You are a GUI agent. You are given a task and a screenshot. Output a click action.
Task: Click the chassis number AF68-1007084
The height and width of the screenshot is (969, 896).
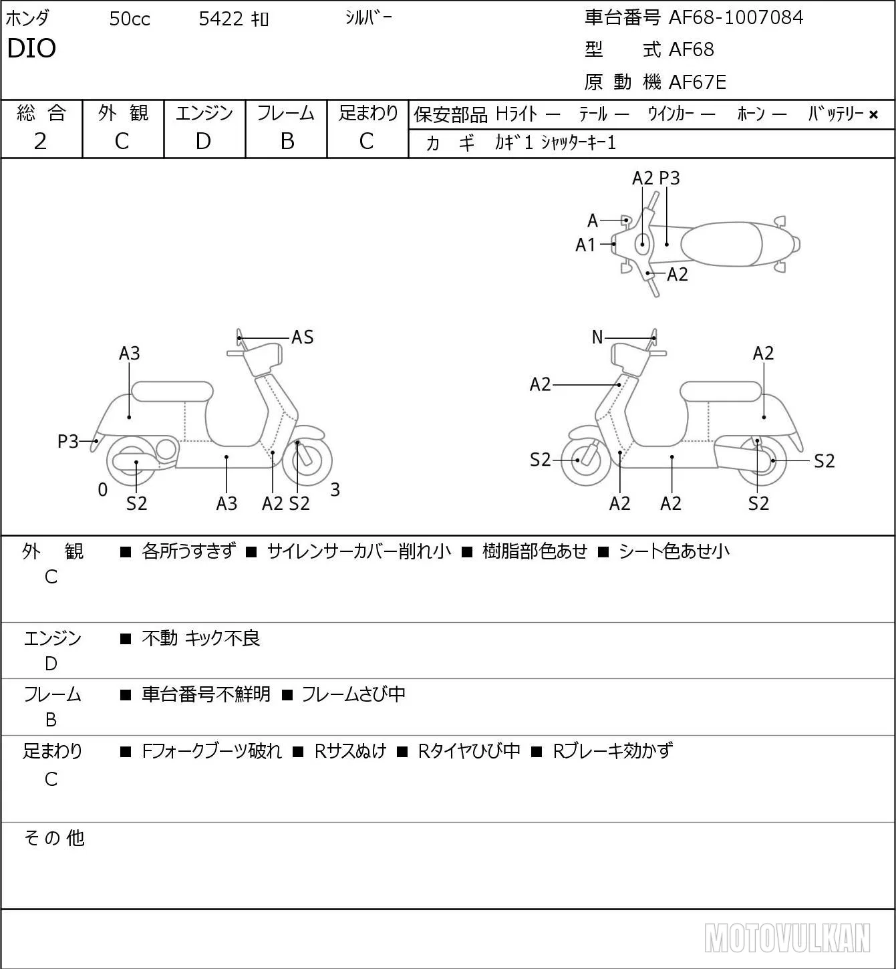736,17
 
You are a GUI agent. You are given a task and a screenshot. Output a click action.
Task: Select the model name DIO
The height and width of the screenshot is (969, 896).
31,48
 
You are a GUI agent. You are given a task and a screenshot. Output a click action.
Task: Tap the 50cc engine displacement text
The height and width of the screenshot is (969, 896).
130,19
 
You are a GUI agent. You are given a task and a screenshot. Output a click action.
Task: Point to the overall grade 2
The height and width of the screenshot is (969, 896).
40,141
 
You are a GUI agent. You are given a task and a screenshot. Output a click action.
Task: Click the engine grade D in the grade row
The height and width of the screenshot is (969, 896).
204,141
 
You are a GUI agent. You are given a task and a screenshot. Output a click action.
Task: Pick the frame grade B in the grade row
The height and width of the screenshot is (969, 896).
287,141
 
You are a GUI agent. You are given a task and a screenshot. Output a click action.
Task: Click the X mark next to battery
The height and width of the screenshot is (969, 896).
873,115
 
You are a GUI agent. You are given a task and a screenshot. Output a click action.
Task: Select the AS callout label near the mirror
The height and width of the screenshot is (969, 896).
302,337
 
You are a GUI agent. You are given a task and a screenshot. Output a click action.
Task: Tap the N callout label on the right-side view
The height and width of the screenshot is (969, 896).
597,337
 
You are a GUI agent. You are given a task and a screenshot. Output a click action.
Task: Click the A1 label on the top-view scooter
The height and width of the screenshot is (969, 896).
585,245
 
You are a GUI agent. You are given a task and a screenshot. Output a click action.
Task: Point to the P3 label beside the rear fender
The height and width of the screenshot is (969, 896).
68,442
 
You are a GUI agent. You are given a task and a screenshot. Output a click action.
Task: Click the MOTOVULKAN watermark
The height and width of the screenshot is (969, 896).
786,938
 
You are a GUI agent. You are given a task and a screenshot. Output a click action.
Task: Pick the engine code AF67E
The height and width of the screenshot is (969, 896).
698,82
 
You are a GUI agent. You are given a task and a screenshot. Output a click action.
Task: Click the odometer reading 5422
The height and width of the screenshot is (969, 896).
220,19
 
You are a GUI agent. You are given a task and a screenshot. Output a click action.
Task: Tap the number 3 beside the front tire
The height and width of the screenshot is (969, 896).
335,489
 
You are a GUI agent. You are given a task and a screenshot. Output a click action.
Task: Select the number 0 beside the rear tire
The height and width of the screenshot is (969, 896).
102,489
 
